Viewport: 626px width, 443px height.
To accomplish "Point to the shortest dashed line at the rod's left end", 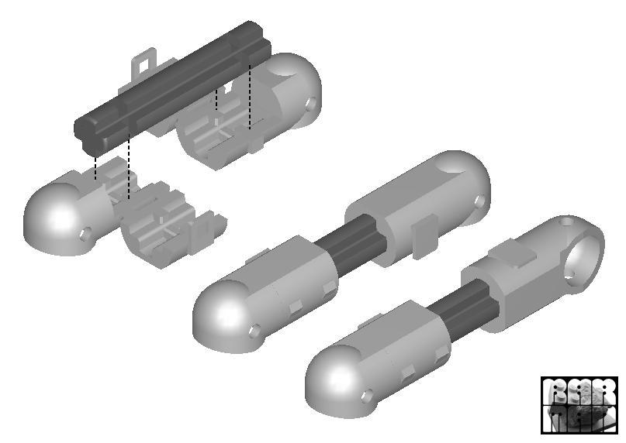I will click(95, 167).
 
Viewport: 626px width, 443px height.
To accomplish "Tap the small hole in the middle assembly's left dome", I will click(254, 332).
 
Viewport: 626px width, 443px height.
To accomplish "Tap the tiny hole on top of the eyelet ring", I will click(567, 222).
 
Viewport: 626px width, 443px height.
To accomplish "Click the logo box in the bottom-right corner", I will click(580, 404).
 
